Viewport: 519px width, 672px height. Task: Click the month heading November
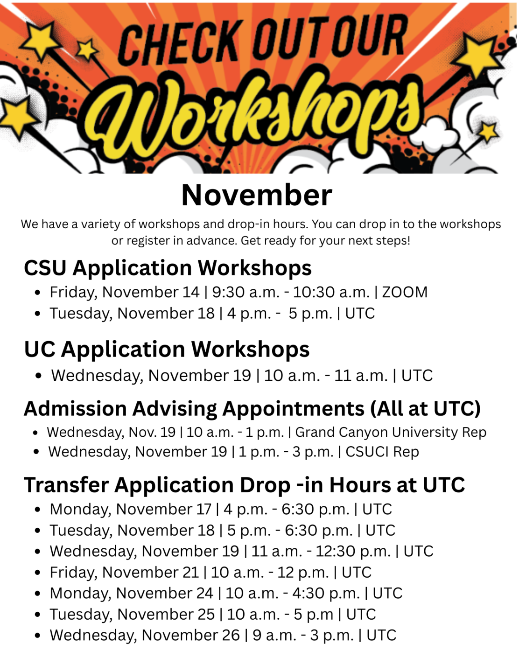[x=256, y=195]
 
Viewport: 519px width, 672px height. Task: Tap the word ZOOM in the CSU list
[x=405, y=292]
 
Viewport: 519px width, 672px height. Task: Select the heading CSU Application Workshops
[x=168, y=268]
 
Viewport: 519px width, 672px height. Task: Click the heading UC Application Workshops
[x=167, y=349]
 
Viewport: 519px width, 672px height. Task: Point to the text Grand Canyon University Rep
[x=391, y=432]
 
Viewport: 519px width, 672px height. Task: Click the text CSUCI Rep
[x=382, y=452]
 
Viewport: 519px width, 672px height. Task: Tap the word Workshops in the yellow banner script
[x=257, y=117]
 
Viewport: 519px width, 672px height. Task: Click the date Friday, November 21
[x=124, y=572]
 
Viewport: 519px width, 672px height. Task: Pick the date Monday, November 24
[x=131, y=593]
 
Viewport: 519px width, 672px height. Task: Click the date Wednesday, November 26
[x=144, y=635]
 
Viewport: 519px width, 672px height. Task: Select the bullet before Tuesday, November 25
[x=38, y=615]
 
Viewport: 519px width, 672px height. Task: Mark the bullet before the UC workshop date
[x=39, y=376]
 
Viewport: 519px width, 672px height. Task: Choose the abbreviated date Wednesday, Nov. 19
[x=111, y=432]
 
